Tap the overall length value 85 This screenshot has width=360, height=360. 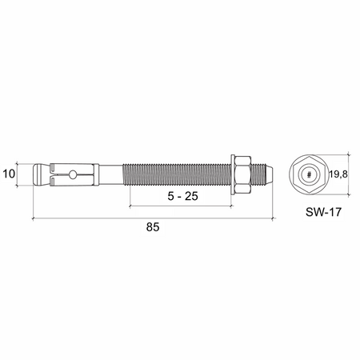coord(153,227)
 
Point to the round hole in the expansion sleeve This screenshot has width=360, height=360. coord(71,175)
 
